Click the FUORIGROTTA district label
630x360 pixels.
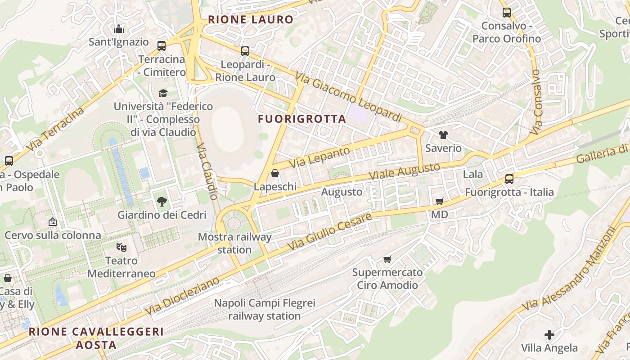tap(302, 119)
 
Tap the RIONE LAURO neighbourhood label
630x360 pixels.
tap(250, 20)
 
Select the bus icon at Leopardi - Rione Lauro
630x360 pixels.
tap(245, 51)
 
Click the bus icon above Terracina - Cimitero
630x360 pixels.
tap(162, 46)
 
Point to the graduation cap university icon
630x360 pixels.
tap(163, 93)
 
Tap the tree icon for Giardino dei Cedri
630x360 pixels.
tap(162, 202)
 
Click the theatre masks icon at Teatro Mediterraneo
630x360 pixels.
tap(121, 247)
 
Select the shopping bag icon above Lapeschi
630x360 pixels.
tap(275, 173)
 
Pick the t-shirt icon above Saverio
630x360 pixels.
tap(443, 135)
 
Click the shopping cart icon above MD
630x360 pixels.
tap(440, 201)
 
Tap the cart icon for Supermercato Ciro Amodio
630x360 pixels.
tap(387, 259)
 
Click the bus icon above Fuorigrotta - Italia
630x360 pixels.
tap(509, 179)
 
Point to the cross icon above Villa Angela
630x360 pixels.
tap(549, 335)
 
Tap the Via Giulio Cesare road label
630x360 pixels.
tap(329, 232)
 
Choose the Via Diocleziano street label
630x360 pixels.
tap(182, 296)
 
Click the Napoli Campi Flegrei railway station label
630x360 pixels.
tap(265, 310)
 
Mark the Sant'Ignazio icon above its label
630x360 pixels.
tap(119, 29)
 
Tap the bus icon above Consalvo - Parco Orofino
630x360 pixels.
tap(506, 13)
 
